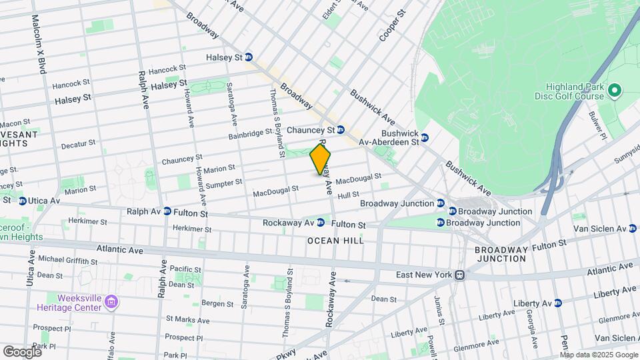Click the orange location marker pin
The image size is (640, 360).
[x=320, y=159]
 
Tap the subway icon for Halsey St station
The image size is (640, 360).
[x=249, y=57]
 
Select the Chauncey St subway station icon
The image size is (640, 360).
[x=340, y=129]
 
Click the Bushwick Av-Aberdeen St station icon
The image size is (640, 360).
[x=425, y=137]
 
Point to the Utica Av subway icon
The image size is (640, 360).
[x=22, y=201]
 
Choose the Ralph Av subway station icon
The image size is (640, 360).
[x=167, y=211]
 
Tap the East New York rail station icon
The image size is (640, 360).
[x=459, y=275]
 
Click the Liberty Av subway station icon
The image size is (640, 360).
[x=557, y=303]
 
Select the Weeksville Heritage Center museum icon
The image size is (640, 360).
[x=111, y=302]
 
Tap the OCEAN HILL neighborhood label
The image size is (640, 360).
[x=335, y=241]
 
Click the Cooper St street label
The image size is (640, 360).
[x=392, y=25]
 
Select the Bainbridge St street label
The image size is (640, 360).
[x=250, y=134]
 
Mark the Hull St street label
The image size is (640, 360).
[x=348, y=195]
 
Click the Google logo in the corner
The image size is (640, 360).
[x=22, y=351]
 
